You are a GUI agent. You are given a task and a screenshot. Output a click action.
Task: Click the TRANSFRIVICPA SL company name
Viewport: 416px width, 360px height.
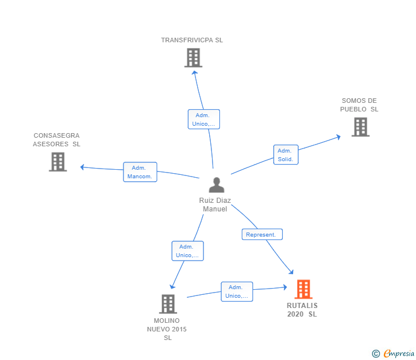[x=192, y=40]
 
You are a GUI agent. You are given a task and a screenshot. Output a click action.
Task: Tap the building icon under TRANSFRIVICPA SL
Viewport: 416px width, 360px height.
[x=193, y=58]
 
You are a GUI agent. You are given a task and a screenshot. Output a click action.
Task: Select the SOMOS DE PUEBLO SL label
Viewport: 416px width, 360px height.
[x=359, y=105]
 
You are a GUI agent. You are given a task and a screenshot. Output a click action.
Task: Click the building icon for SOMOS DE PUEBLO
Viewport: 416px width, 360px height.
[x=361, y=127]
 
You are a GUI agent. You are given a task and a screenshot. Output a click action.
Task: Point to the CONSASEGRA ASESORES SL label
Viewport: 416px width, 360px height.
[x=57, y=139]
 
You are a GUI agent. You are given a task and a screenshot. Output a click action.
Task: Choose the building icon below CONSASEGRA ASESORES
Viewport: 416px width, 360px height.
[x=58, y=162]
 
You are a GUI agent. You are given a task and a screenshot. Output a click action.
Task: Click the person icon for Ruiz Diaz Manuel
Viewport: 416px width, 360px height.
[x=217, y=185]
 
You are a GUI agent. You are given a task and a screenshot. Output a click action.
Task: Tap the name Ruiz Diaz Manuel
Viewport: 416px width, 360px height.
[x=215, y=205]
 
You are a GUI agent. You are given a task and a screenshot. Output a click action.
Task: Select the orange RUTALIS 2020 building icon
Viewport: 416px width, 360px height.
[x=303, y=289]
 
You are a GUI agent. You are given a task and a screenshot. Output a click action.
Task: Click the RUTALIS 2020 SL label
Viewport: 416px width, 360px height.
[x=302, y=310]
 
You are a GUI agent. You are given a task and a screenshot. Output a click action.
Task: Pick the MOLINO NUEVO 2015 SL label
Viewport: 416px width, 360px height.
[x=167, y=329]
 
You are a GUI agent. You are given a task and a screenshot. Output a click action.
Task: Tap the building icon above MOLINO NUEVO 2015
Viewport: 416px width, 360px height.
[x=168, y=304]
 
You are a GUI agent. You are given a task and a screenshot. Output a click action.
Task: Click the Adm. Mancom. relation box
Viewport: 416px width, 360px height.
[x=140, y=172]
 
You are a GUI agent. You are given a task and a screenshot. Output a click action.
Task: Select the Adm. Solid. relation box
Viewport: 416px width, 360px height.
[x=286, y=155]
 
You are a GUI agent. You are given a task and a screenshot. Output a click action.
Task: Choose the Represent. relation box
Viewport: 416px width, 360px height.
[x=262, y=234]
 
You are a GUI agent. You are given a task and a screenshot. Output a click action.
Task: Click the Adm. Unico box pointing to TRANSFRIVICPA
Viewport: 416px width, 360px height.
[x=204, y=119]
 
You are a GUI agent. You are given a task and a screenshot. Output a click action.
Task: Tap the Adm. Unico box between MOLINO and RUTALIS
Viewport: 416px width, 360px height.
[x=237, y=291]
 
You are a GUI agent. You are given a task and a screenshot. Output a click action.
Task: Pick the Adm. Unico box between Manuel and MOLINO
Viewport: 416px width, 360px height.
[x=187, y=251]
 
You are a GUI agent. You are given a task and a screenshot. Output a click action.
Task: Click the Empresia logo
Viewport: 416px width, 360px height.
[x=393, y=353]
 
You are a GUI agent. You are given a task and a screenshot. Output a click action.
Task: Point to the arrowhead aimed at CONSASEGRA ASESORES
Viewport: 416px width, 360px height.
[x=82, y=167]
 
